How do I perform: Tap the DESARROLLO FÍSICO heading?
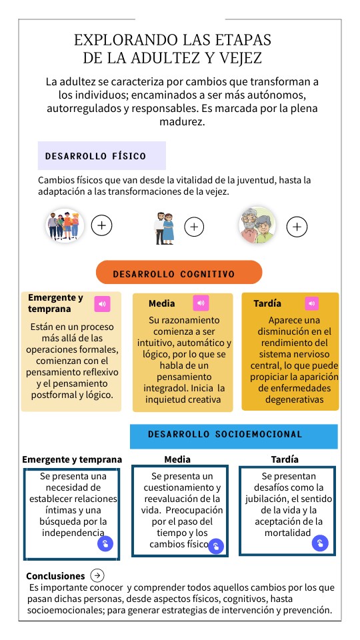[x=95, y=156]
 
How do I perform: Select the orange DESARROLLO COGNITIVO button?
[x=179, y=273]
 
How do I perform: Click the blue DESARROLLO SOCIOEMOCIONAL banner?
[x=233, y=435]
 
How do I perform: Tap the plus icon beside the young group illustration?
[x=101, y=226]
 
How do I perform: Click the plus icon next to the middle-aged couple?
[x=194, y=227]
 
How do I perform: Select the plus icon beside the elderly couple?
[x=297, y=227]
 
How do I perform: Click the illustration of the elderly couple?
[x=257, y=225]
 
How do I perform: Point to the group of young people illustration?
[x=64, y=225]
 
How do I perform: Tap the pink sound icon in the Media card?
[x=201, y=303]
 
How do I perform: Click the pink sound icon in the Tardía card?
[x=311, y=303]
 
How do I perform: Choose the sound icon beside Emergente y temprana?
[x=102, y=304]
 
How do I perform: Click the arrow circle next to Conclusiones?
[x=97, y=575]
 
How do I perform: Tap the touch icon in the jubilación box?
[x=320, y=543]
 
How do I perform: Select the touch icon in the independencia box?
[x=105, y=544]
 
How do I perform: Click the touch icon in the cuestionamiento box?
[x=216, y=547]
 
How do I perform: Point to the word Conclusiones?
[x=55, y=576]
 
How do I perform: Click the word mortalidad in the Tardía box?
[x=287, y=533]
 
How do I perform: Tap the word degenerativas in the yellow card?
[x=294, y=400]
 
